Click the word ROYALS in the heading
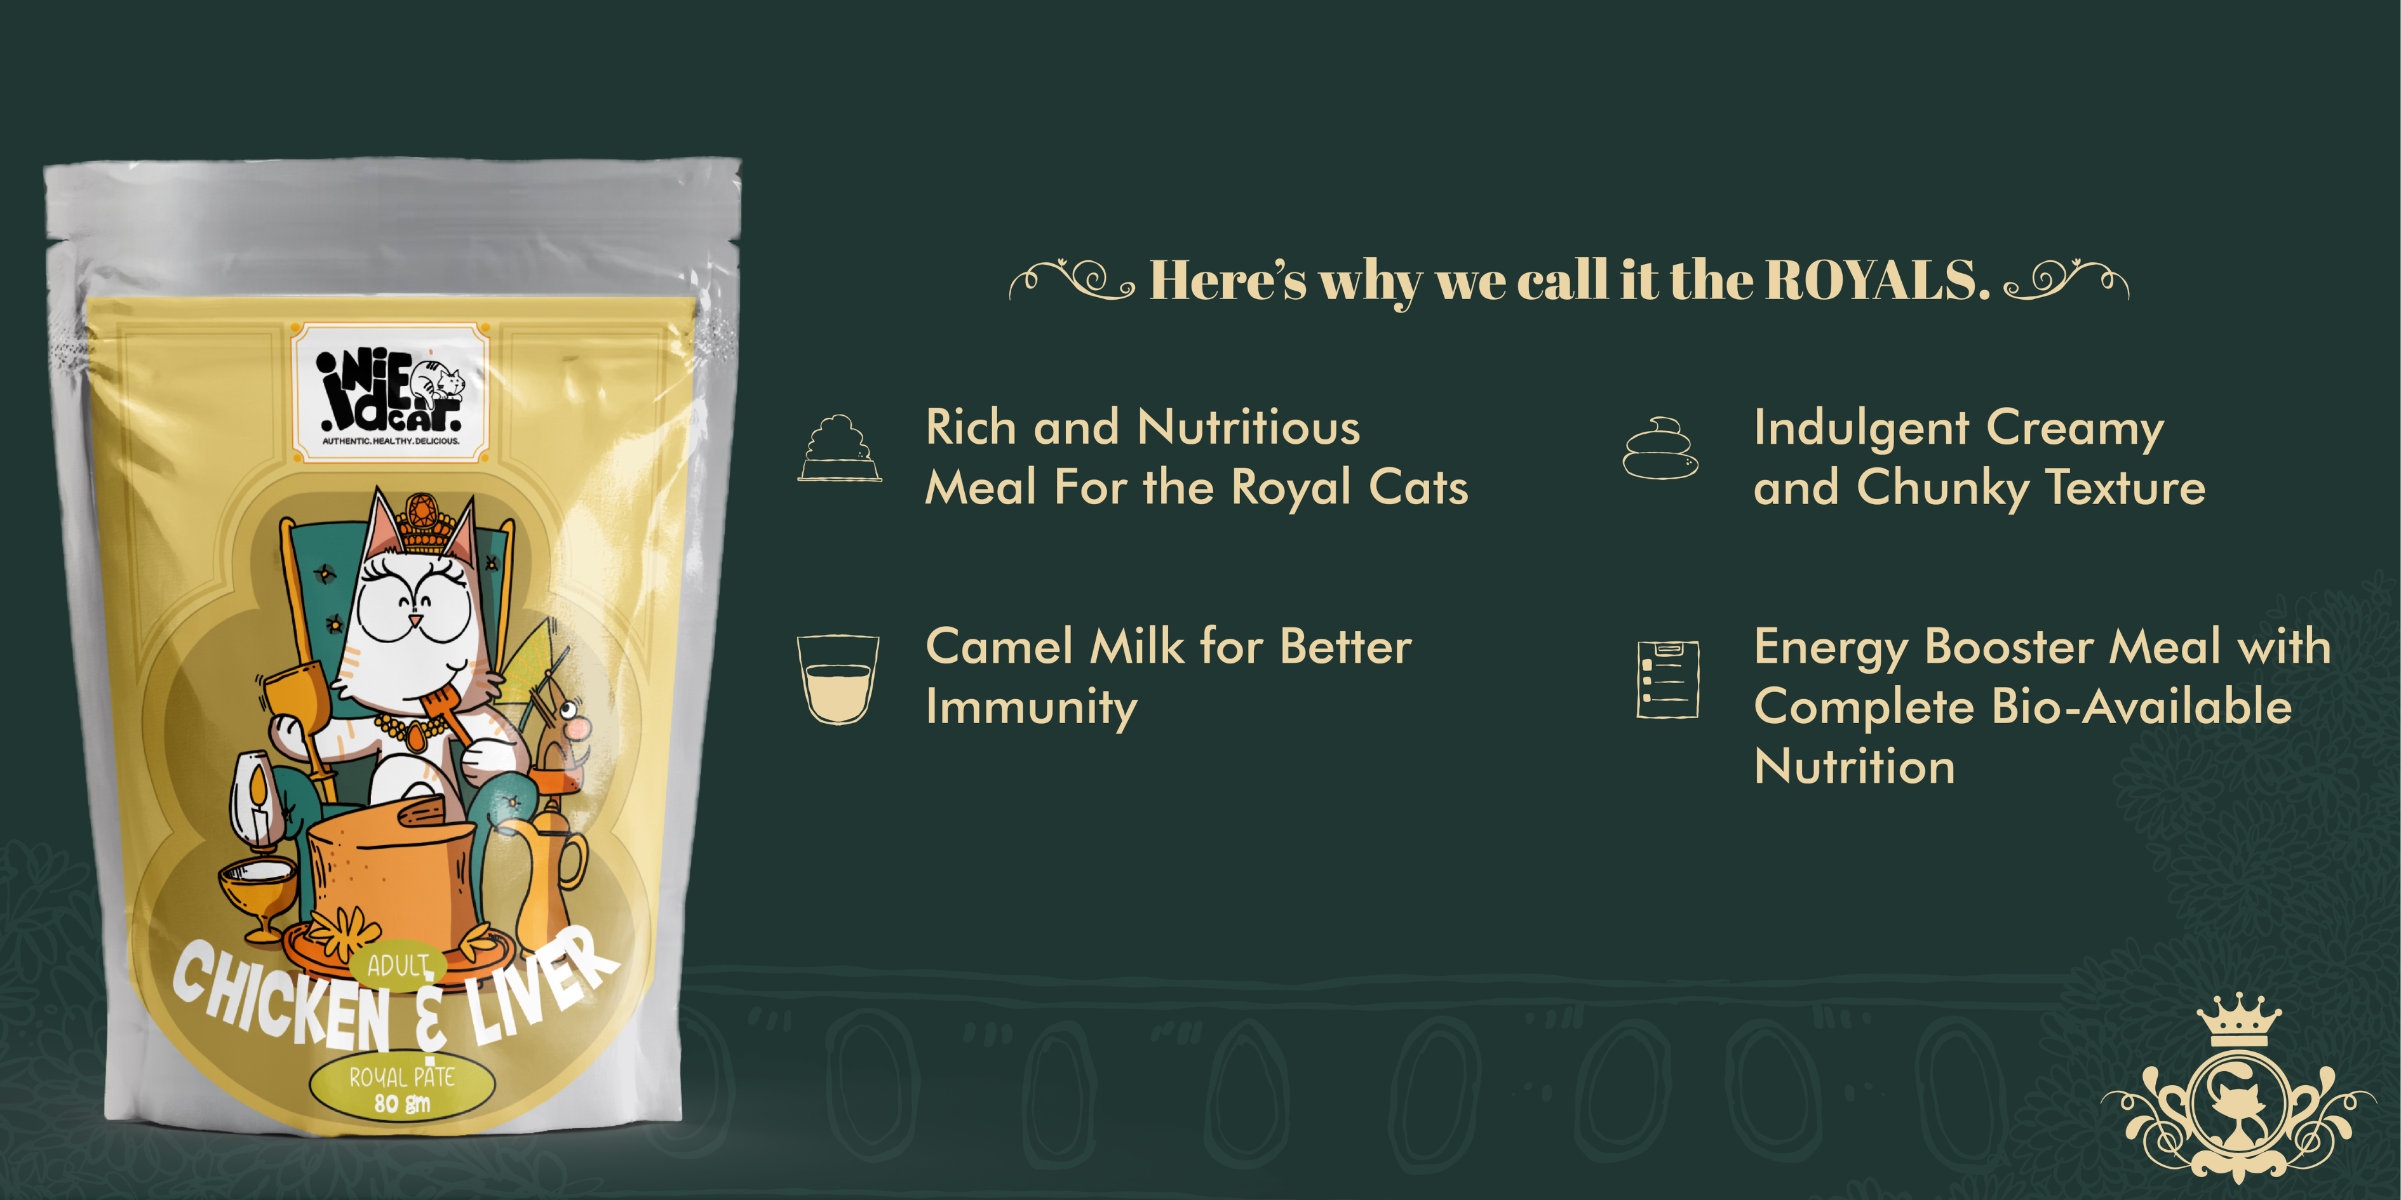click(x=1877, y=279)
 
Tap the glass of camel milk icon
click(x=838, y=679)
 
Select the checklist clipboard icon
click(x=1667, y=679)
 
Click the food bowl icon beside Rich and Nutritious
click(x=839, y=448)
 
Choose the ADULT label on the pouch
click(x=398, y=965)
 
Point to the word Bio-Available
click(x=2141, y=706)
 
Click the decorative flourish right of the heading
click(x=2066, y=279)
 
